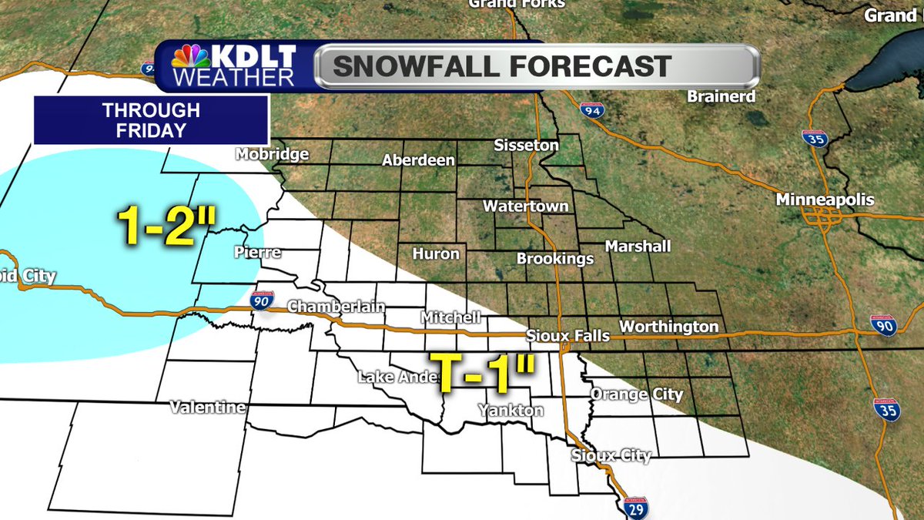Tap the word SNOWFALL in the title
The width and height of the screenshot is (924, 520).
pos(424,66)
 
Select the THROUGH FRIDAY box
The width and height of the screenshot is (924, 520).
pos(151,120)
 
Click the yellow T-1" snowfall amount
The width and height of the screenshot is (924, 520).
pos(482,374)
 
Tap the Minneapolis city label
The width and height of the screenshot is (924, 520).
pos(825,200)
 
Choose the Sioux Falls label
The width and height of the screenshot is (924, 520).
pos(567,336)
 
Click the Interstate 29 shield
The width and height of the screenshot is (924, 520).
pos(636,508)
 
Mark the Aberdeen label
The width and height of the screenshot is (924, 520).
pos(418,160)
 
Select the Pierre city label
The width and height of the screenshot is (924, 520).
pos(257,253)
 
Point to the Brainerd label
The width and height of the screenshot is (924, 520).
pos(722,97)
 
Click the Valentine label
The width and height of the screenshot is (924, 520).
pos(208,407)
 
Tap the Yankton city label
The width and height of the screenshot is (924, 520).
pos(511,411)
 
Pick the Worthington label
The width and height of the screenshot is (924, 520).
pos(668,327)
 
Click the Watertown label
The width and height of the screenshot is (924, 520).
pos(526,206)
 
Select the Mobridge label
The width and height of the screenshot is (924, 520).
pos(272,154)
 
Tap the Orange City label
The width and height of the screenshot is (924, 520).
pos(636,394)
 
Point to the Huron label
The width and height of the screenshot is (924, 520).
pos(436,253)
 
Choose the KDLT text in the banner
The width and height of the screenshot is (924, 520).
pos(255,56)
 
